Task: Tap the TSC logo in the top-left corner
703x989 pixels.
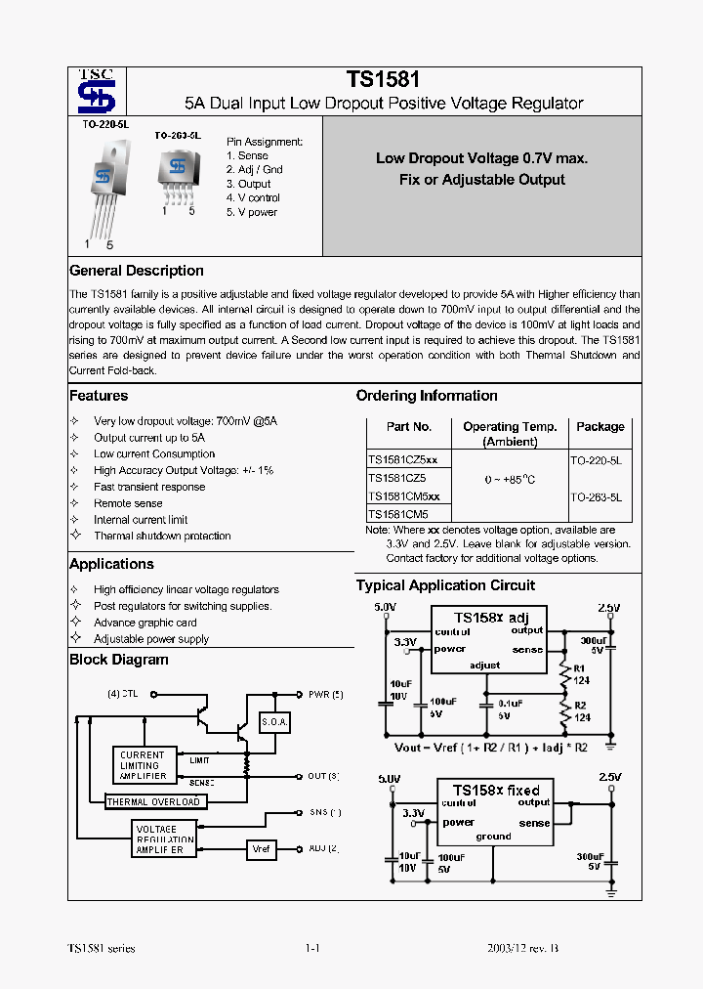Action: click(97, 93)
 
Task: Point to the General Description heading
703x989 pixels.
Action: click(137, 271)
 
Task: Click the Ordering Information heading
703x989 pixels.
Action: click(427, 396)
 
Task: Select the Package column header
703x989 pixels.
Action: click(600, 427)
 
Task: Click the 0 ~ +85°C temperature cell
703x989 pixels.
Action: click(510, 480)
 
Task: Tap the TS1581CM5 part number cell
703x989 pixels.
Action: click(397, 513)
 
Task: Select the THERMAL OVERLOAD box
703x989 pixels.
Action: click(154, 802)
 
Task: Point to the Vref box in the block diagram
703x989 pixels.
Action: click(262, 848)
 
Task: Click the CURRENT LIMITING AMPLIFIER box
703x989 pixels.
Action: click(144, 765)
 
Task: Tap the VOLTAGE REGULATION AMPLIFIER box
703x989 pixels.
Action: click(163, 839)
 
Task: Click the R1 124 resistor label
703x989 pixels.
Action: click(581, 673)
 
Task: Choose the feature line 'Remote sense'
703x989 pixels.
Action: click(128, 503)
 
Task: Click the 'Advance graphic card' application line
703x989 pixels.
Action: click(145, 623)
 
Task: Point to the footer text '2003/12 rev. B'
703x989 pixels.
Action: click(522, 949)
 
